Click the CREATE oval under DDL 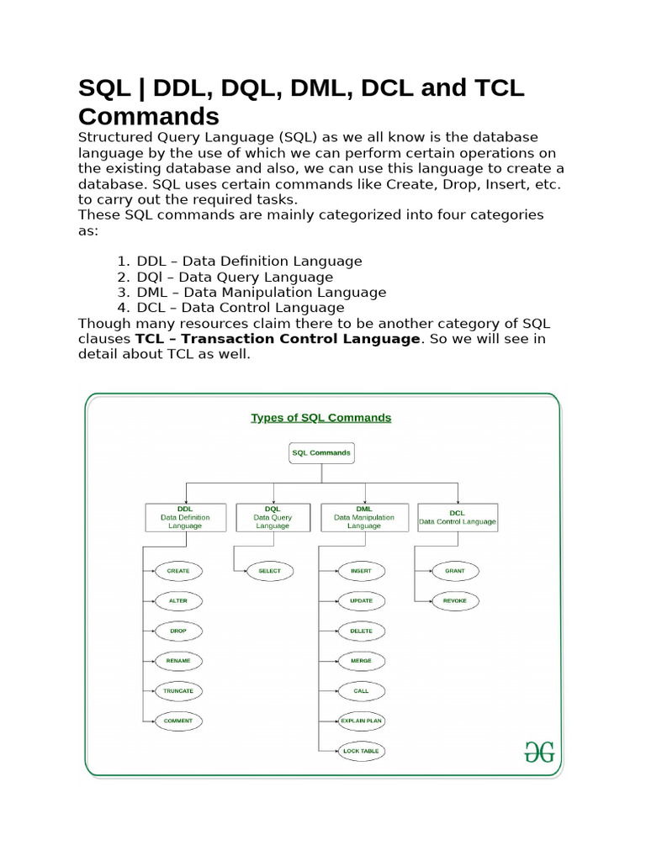click(178, 571)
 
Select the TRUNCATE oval click(178, 690)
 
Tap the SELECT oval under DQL click(269, 571)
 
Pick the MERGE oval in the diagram click(361, 661)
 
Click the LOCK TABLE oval click(361, 750)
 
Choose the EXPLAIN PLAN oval click(361, 721)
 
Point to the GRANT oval click(455, 571)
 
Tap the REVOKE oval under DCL click(455, 601)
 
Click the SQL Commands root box click(321, 452)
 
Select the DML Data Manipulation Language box click(364, 517)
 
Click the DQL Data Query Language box click(273, 517)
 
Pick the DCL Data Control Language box click(458, 517)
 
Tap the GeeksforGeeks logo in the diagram click(539, 752)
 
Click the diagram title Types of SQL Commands click(321, 417)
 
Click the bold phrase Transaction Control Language click(300, 339)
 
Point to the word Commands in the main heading click(149, 115)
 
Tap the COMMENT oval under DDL click(178, 721)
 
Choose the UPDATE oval click(361, 601)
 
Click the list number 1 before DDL click(122, 261)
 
